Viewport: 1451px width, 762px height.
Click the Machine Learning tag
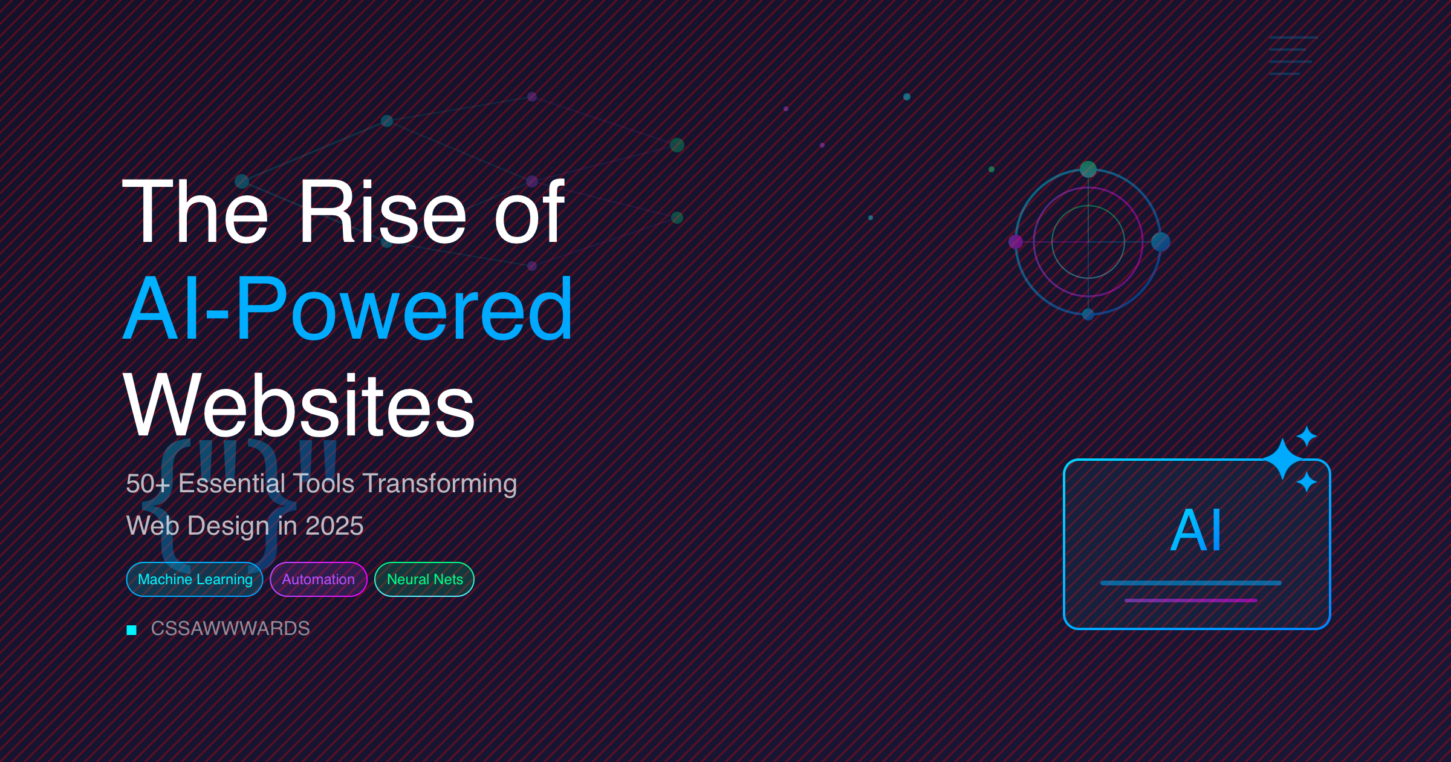click(x=195, y=579)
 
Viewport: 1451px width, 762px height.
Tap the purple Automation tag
click(x=319, y=579)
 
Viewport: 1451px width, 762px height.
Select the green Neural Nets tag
click(x=424, y=579)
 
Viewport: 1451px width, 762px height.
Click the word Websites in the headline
click(x=299, y=405)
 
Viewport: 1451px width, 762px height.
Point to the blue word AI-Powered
click(x=348, y=308)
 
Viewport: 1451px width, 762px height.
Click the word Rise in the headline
click(x=383, y=212)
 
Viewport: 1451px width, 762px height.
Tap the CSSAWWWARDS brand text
click(x=230, y=629)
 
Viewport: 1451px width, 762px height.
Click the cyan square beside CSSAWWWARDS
click(x=132, y=630)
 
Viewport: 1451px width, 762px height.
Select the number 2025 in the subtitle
click(x=334, y=526)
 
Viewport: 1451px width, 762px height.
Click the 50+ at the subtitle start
click(x=148, y=484)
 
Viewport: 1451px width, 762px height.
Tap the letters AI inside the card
click(x=1196, y=530)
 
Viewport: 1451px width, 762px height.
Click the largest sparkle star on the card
click(x=1282, y=459)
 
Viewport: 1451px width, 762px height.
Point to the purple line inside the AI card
click(x=1191, y=601)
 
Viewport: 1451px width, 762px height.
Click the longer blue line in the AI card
click(x=1191, y=583)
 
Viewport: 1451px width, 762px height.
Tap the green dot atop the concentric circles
click(x=1088, y=169)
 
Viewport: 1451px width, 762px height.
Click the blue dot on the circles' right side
click(x=1161, y=242)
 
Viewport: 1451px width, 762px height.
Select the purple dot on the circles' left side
click(x=1016, y=242)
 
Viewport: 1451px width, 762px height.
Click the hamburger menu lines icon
click(x=1293, y=56)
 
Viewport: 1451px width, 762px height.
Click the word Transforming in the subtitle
click(x=440, y=484)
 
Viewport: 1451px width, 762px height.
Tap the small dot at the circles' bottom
click(x=1088, y=314)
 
